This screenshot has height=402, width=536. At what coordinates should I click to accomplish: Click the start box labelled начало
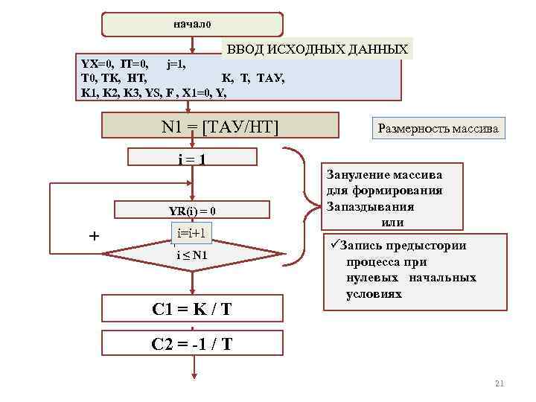pos(192,25)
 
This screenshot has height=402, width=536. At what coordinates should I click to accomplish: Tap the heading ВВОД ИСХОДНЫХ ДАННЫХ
pos(318,49)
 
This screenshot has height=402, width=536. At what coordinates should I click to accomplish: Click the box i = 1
pos(192,158)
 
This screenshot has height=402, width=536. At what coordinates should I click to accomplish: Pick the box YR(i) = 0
pos(192,211)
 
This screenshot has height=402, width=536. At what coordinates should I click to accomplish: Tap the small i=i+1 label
pos(192,234)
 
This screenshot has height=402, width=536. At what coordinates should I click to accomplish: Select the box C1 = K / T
pos(192,307)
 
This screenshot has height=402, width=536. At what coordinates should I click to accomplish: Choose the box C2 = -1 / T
pos(192,344)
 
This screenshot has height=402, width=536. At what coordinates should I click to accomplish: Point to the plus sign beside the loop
pos(94,236)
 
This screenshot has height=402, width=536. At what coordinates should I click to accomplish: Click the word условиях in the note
pos(374,293)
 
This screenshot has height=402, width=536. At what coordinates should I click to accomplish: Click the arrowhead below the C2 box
pos(192,376)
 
